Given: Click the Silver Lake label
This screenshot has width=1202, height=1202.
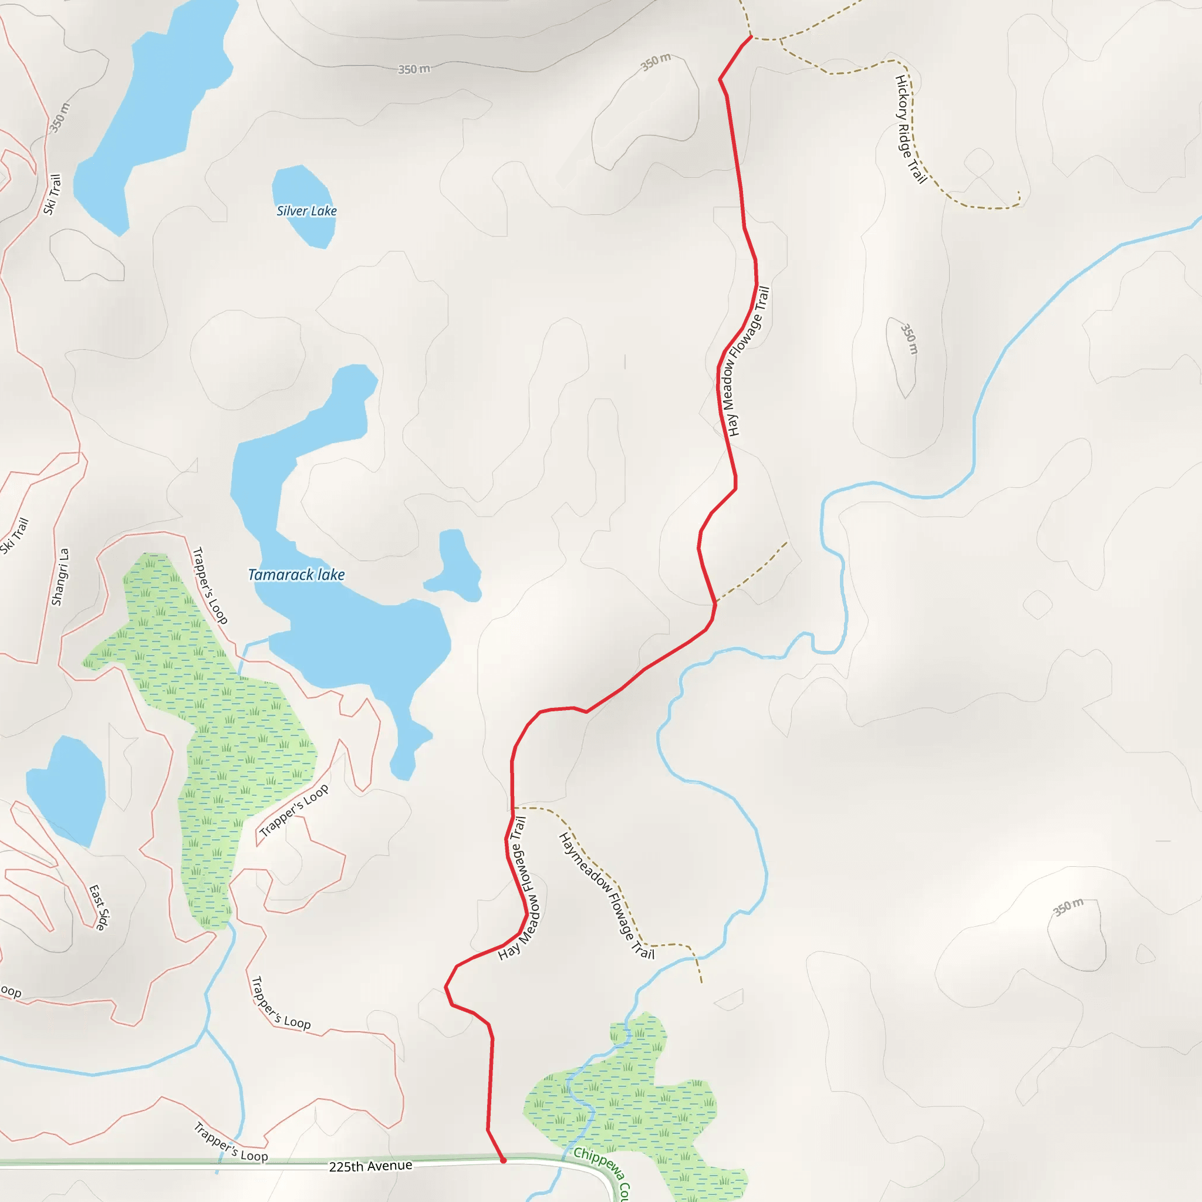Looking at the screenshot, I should pyautogui.click(x=306, y=211).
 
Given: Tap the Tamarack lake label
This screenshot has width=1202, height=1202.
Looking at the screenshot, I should pyautogui.click(x=296, y=575).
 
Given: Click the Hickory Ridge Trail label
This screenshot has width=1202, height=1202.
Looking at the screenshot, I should pyautogui.click(x=910, y=129).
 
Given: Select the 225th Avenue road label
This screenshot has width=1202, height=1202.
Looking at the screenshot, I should pyautogui.click(x=370, y=1166).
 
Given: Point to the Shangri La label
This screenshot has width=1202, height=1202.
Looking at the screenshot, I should pyautogui.click(x=60, y=576).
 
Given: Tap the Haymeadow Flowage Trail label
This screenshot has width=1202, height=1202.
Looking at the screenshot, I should pyautogui.click(x=607, y=896).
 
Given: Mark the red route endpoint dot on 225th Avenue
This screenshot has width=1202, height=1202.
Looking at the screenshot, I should pyautogui.click(x=504, y=1160).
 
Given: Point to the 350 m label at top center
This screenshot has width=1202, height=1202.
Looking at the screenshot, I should pyautogui.click(x=414, y=69).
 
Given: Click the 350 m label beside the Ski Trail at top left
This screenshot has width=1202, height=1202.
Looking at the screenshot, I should pyautogui.click(x=60, y=117).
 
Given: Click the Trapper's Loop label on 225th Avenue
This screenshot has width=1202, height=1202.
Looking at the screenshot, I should pyautogui.click(x=230, y=1142).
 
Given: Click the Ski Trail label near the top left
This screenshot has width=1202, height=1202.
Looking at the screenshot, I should pyautogui.click(x=52, y=194).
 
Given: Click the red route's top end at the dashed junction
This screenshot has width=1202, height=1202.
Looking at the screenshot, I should pyautogui.click(x=751, y=38).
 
